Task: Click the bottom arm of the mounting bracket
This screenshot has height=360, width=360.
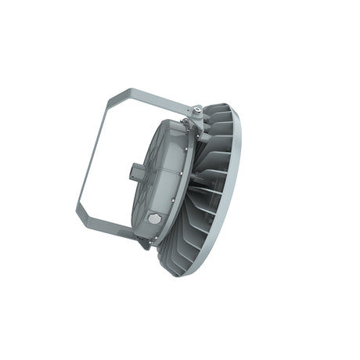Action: pos(110,227)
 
